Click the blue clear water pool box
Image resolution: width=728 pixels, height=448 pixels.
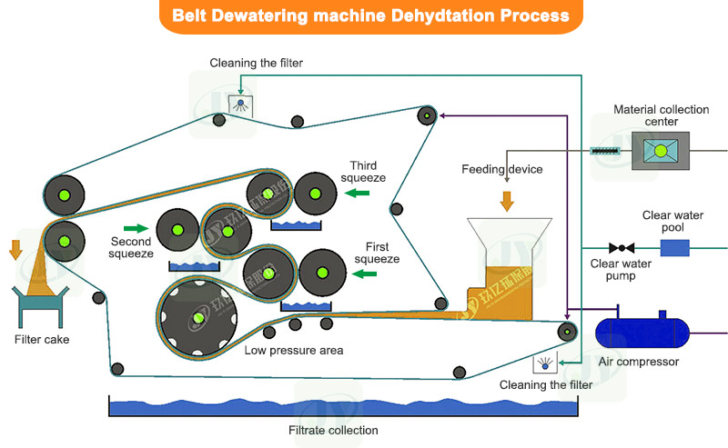[675, 247]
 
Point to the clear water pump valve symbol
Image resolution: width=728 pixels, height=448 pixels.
[622, 247]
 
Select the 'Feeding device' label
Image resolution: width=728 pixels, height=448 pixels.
[501, 169]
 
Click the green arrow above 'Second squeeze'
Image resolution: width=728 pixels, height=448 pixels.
[135, 227]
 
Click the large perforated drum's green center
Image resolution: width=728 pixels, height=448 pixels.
[198, 317]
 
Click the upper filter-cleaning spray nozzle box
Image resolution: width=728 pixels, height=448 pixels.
[240, 106]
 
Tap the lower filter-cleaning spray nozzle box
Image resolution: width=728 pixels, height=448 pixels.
[546, 364]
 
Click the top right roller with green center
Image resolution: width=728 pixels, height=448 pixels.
[427, 115]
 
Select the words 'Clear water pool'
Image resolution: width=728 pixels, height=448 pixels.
[674, 222]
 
